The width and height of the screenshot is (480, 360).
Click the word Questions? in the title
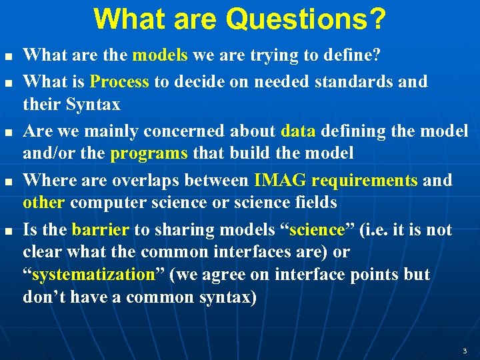coord(306,19)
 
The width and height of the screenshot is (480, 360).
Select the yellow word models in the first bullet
coord(159,55)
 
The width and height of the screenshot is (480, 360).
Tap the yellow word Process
coord(119,81)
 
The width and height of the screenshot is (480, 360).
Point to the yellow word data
coord(294,131)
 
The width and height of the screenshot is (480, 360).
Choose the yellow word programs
coord(149,153)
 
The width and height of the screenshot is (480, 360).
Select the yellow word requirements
coord(365,180)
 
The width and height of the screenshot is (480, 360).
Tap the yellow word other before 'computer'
coord(44,203)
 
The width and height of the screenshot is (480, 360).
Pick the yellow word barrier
coord(101,229)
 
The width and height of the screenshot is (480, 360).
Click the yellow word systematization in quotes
coord(93,275)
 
